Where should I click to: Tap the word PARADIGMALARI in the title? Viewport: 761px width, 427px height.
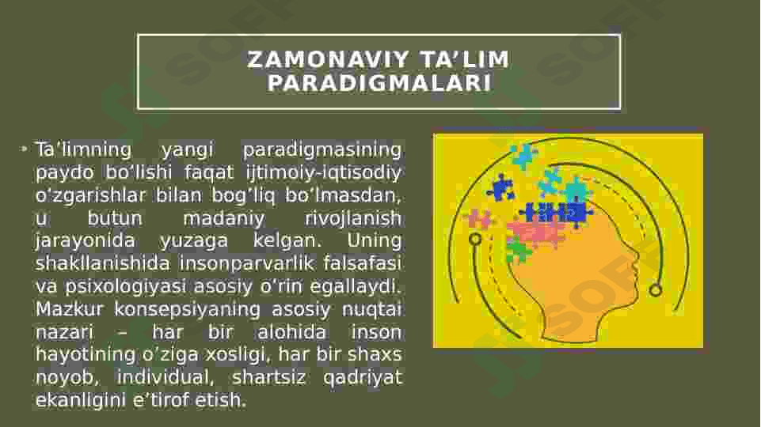click(379, 83)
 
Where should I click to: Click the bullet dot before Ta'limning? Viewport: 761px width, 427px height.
click(23, 149)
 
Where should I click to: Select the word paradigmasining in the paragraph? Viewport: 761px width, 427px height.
click(322, 150)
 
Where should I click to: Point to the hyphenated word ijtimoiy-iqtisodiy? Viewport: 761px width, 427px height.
click(323, 172)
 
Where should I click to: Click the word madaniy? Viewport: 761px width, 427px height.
click(224, 218)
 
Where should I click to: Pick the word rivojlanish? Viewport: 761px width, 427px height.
click(353, 218)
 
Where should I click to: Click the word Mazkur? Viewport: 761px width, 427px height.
click(70, 309)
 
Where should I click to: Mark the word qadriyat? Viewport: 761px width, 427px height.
click(363, 377)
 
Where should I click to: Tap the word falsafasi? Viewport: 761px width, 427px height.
click(362, 263)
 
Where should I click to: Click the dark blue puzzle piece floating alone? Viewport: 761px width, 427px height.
click(501, 188)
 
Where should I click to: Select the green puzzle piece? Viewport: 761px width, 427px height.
click(519, 250)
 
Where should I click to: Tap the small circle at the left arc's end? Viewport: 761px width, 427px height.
click(476, 239)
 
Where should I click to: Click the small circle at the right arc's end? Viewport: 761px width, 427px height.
click(656, 290)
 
